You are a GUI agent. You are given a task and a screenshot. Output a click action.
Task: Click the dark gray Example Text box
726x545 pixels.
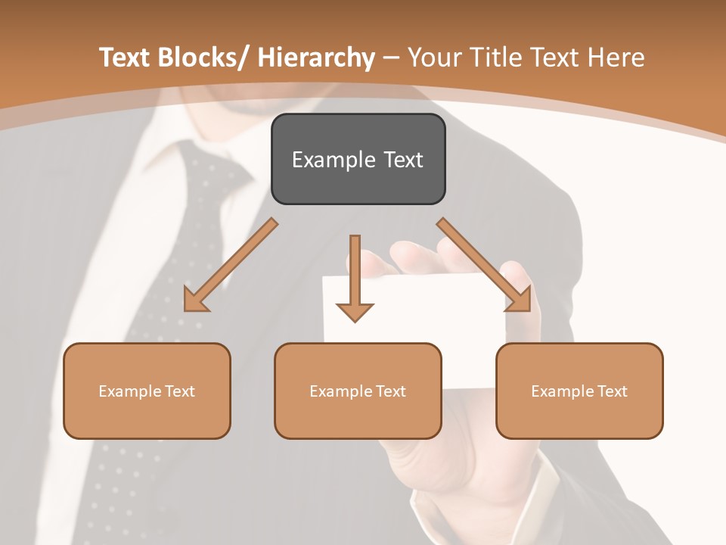coord(358,159)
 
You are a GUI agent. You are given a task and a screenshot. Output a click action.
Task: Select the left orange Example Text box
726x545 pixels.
coord(147,391)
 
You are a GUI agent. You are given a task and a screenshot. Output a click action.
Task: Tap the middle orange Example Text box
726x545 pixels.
coord(358,391)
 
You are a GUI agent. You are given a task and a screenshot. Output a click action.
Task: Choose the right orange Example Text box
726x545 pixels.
coord(579,391)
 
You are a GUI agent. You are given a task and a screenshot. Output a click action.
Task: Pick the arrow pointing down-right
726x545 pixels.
coord(484,265)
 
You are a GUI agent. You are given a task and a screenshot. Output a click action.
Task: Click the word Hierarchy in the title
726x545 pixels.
coord(316,58)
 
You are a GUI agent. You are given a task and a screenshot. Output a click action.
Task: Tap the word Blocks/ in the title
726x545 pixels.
coord(204,58)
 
